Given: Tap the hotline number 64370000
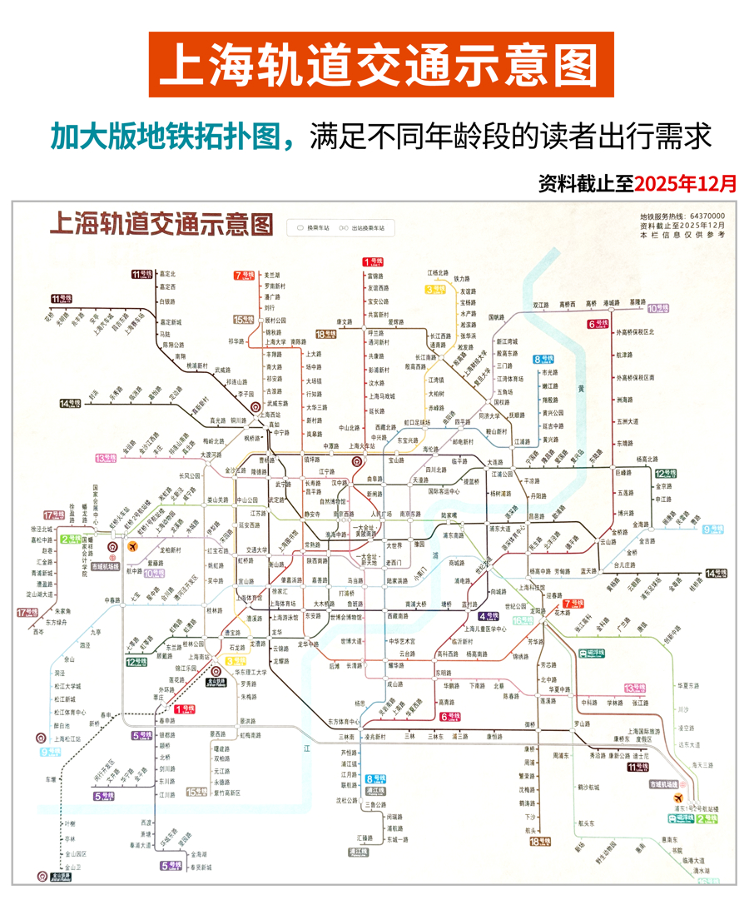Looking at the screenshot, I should pos(704,216).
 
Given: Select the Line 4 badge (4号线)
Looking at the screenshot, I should pos(489,616).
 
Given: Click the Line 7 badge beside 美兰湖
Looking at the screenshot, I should pos(245,275).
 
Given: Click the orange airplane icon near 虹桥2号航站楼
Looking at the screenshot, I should pos(133,546).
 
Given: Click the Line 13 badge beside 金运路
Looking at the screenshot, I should pos(106,458).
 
